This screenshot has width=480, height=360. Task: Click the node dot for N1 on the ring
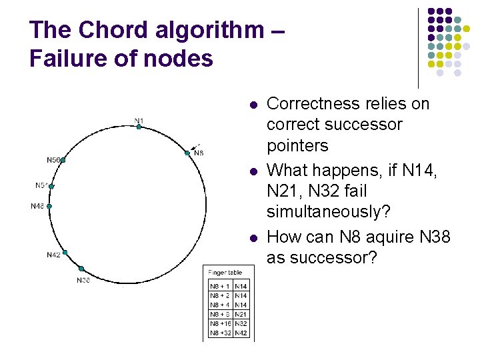pos(139,127)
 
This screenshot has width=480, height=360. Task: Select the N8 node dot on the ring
pos(187,153)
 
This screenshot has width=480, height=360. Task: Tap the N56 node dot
pos(63,161)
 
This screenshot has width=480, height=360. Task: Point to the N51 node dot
pos(51,187)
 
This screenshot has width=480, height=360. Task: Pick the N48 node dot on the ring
pos(49,206)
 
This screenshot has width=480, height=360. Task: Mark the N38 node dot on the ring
pos(81,269)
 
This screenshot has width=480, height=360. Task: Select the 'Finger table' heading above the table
pos(225,273)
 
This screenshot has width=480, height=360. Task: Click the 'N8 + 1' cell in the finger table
pos(220,285)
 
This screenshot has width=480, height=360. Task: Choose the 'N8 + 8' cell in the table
pos(220,313)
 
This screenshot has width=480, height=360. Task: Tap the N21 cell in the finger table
pos(241,313)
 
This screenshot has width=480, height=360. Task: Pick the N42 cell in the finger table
pos(241,332)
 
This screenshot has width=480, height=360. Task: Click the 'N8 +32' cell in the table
pos(220,332)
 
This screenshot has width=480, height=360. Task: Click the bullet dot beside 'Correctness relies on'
pos(253,105)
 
